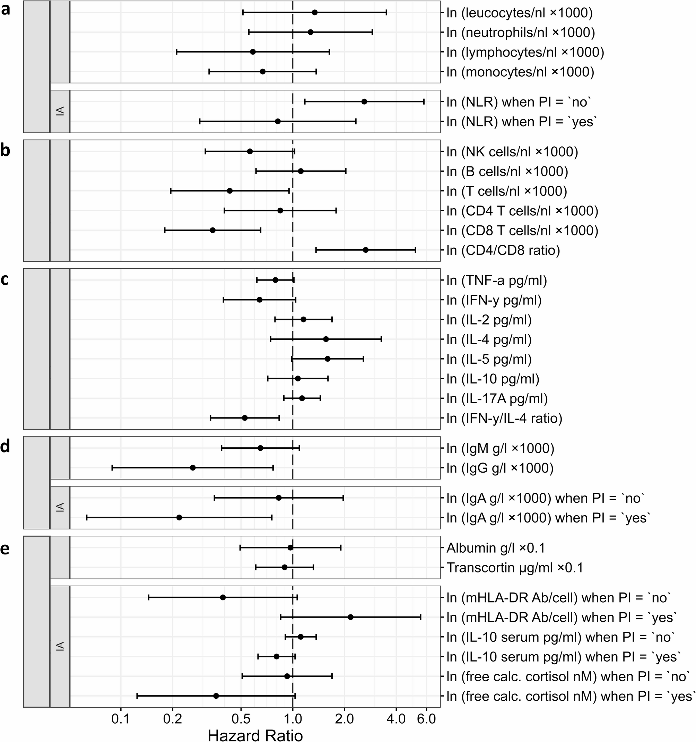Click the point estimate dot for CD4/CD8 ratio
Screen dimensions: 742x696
coord(366,250)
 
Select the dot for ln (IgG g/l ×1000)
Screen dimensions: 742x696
coord(193,468)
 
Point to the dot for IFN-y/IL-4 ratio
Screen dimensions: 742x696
coord(245,418)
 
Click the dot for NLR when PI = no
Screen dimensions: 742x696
coord(364,102)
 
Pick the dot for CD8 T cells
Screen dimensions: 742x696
coord(213,230)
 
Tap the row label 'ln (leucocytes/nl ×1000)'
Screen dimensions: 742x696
coord(520,13)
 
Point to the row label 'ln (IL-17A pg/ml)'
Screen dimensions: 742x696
coord(497,399)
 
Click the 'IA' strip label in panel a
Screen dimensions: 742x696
coord(60,111)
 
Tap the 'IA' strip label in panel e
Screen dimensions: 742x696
coord(60,646)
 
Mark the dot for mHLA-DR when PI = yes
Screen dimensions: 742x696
coord(350,617)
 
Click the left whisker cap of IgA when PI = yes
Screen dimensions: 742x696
coord(87,517)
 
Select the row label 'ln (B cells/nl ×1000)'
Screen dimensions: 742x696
coord(507,171)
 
